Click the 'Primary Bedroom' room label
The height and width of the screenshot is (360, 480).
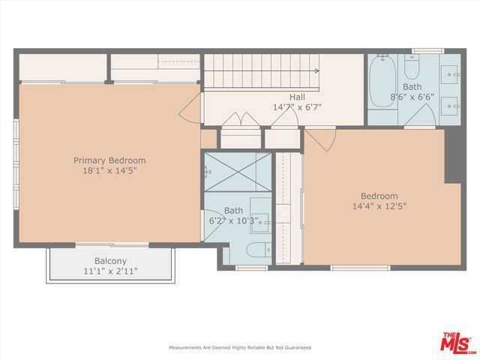click(x=109, y=160)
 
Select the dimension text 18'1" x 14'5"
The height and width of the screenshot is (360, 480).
click(x=109, y=171)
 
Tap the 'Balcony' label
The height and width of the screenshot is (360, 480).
click(x=109, y=261)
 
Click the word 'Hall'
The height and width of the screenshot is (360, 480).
click(x=297, y=97)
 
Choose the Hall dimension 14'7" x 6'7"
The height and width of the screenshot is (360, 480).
click(x=297, y=107)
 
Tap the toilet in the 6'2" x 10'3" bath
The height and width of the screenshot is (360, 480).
click(x=254, y=250)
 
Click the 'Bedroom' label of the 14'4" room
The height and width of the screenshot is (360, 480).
click(x=379, y=196)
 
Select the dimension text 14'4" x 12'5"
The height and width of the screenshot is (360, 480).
click(x=379, y=206)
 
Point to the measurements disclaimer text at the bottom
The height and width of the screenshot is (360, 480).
click(x=239, y=347)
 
